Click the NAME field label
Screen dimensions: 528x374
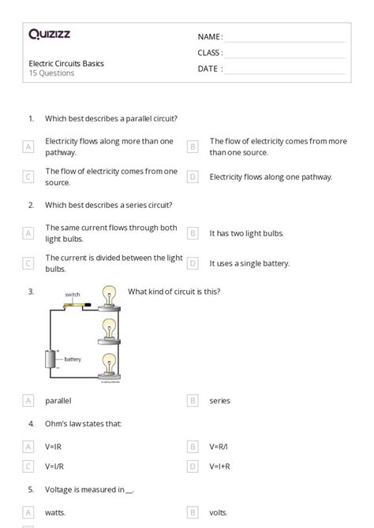click(x=209, y=36)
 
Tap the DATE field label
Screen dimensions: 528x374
click(x=209, y=69)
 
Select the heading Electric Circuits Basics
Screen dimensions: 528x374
click(x=65, y=63)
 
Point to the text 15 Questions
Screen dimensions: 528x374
click(x=51, y=73)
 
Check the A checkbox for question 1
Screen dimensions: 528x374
click(x=28, y=147)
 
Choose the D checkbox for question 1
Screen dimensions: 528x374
click(x=192, y=177)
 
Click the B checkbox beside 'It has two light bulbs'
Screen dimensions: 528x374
click(x=192, y=233)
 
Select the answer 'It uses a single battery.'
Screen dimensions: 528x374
click(x=249, y=263)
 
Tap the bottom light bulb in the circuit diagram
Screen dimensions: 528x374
click(x=110, y=363)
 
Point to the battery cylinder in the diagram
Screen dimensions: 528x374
click(x=53, y=359)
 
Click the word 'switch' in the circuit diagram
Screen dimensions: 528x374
click(x=73, y=295)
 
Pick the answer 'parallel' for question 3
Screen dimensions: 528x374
click(x=58, y=400)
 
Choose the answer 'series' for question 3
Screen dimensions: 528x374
click(x=219, y=400)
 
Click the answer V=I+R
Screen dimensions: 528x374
click(x=219, y=467)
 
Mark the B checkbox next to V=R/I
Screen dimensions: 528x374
click(x=192, y=446)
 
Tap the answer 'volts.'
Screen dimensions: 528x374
click(x=219, y=512)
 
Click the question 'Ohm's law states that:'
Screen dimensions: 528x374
click(x=83, y=423)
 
